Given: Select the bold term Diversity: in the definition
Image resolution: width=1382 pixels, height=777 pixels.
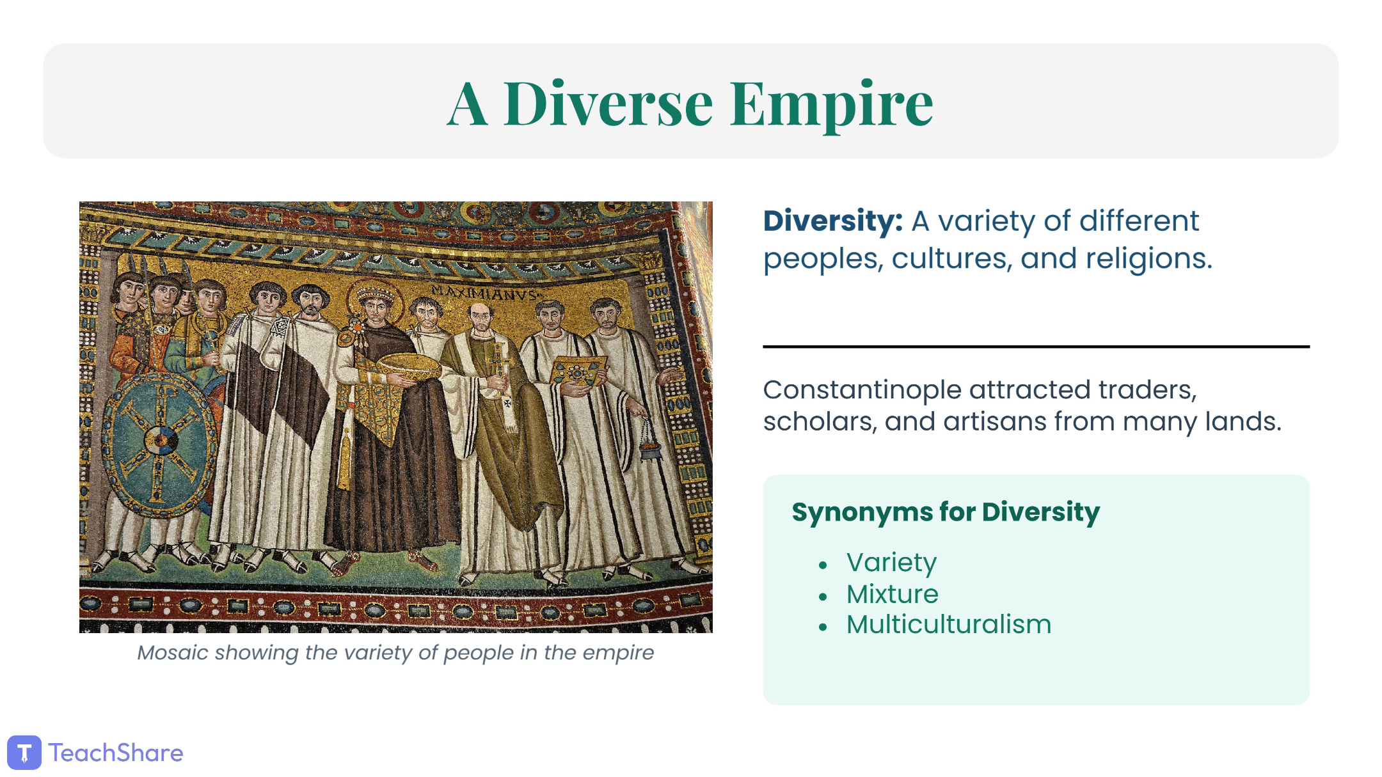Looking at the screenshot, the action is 833,221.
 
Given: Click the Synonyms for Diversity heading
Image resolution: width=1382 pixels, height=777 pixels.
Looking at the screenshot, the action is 946,512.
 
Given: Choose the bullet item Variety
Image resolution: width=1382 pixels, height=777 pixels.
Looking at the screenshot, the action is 891,563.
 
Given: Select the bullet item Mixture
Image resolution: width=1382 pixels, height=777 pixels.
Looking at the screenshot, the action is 892,594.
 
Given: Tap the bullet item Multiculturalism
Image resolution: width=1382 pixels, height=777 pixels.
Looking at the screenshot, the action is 949,625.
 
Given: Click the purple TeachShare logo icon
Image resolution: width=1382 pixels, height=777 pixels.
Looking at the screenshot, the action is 24,753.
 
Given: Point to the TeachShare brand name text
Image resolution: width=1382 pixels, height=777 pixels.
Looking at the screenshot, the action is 116,753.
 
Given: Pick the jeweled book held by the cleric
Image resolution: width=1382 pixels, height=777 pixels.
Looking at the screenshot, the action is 578,371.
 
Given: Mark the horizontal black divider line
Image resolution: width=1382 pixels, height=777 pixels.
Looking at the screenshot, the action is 1036,347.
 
